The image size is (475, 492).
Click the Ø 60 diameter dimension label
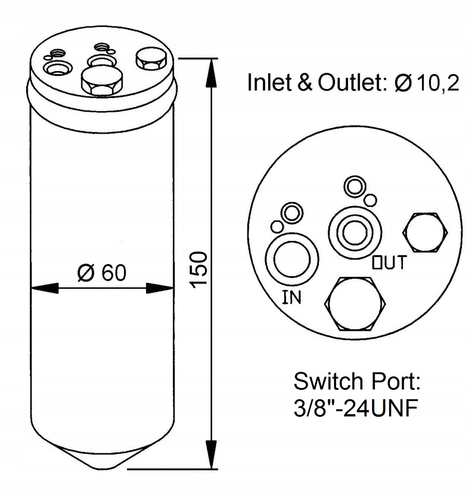(x=102, y=273)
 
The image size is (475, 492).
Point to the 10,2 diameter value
(x=437, y=83)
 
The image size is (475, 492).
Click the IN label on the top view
(x=291, y=297)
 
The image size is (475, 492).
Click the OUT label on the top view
(x=389, y=262)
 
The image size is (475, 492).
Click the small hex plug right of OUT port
(x=425, y=233)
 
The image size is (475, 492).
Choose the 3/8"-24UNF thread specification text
(x=355, y=409)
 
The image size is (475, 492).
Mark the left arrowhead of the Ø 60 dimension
(x=45, y=288)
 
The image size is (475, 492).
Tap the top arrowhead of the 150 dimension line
(x=211, y=73)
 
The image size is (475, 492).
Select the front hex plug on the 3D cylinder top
(x=102, y=80)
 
